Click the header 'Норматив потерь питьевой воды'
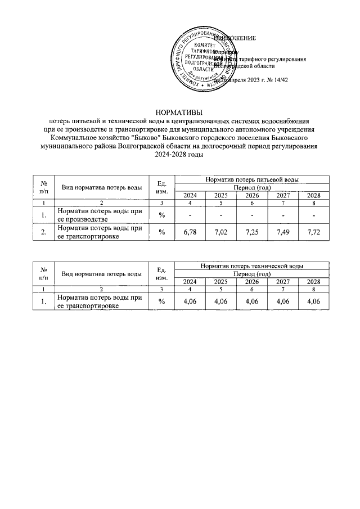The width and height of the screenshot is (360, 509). coord(252,179)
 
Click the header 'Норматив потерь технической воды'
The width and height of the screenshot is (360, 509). coord(252,265)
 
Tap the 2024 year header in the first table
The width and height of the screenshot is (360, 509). coord(190,195)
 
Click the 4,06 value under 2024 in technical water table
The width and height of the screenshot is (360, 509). coord(190,302)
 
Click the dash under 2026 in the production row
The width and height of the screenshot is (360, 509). coord(251,215)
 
